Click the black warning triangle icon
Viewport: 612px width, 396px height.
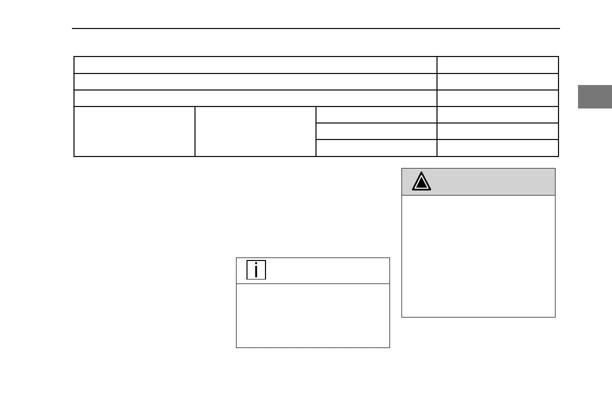(421, 182)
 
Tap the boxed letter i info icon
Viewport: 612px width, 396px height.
(256, 270)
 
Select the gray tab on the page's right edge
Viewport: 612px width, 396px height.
(594, 97)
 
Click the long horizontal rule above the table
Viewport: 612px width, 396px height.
(315, 28)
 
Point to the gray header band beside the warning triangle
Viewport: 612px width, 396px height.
(492, 182)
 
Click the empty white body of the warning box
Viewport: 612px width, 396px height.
(478, 255)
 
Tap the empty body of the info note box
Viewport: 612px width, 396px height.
(312, 315)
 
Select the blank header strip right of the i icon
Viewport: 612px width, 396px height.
(327, 270)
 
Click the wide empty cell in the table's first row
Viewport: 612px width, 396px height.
(255, 65)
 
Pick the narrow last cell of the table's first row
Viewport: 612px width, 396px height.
(497, 65)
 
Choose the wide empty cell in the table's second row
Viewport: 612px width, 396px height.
(255, 81)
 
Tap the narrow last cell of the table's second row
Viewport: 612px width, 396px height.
(497, 81)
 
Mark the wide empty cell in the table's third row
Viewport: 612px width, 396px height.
(255, 98)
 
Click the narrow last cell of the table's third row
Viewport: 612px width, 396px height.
(497, 98)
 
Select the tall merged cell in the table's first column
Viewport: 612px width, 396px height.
(134, 131)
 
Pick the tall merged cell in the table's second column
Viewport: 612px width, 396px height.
(255, 131)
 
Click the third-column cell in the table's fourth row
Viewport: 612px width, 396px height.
(376, 114)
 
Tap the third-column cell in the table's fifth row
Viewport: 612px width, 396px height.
(376, 131)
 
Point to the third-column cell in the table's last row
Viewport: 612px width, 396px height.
(376, 148)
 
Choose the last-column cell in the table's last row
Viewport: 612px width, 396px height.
(497, 148)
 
